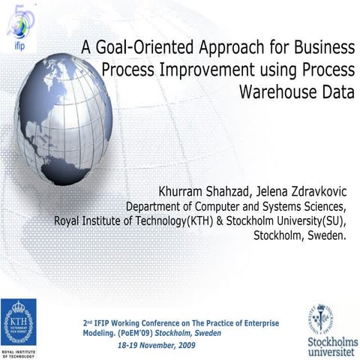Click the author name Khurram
pyautogui.click(x=185, y=188)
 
